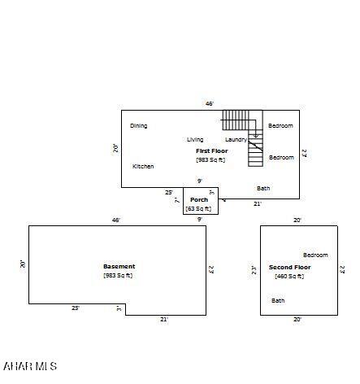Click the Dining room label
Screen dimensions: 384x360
(x=138, y=126)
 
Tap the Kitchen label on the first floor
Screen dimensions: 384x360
(x=143, y=167)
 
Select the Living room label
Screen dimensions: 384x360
(x=195, y=140)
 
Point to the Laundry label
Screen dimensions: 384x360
(x=236, y=140)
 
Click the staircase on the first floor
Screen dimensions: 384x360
(x=244, y=130)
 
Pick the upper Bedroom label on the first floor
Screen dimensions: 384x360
(x=280, y=126)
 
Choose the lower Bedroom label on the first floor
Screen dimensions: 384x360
(x=281, y=158)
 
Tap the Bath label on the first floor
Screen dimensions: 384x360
(x=263, y=189)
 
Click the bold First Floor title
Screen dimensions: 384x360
(x=211, y=151)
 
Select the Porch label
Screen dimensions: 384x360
(x=199, y=200)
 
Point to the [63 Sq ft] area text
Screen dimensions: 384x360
(x=199, y=209)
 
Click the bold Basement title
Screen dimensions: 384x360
(x=119, y=267)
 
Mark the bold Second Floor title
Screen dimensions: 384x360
(x=289, y=268)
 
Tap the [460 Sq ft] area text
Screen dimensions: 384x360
(x=289, y=277)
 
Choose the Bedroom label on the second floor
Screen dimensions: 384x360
(x=315, y=255)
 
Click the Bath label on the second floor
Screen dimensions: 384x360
(x=278, y=301)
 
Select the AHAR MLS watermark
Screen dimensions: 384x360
(x=30, y=367)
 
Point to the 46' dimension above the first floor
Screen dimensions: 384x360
(x=209, y=104)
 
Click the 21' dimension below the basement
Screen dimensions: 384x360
(x=163, y=320)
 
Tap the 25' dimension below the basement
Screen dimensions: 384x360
(x=75, y=308)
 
